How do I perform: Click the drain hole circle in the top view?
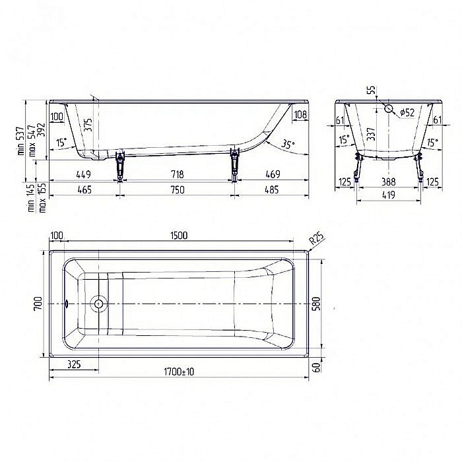98,304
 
